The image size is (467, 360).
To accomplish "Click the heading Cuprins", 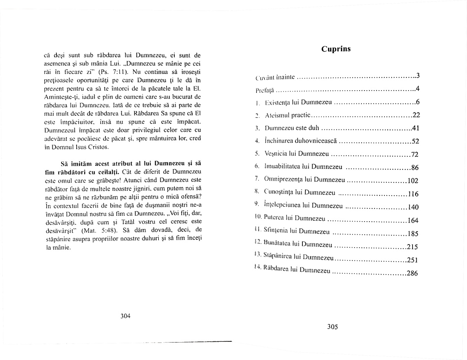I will click(336, 49).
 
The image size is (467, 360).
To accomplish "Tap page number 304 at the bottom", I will click(125, 316).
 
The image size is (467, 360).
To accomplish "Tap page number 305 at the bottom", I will click(332, 327).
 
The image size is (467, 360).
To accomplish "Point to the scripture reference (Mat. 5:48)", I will click(95, 230).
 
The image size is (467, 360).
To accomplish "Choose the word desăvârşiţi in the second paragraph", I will click(58, 221).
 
